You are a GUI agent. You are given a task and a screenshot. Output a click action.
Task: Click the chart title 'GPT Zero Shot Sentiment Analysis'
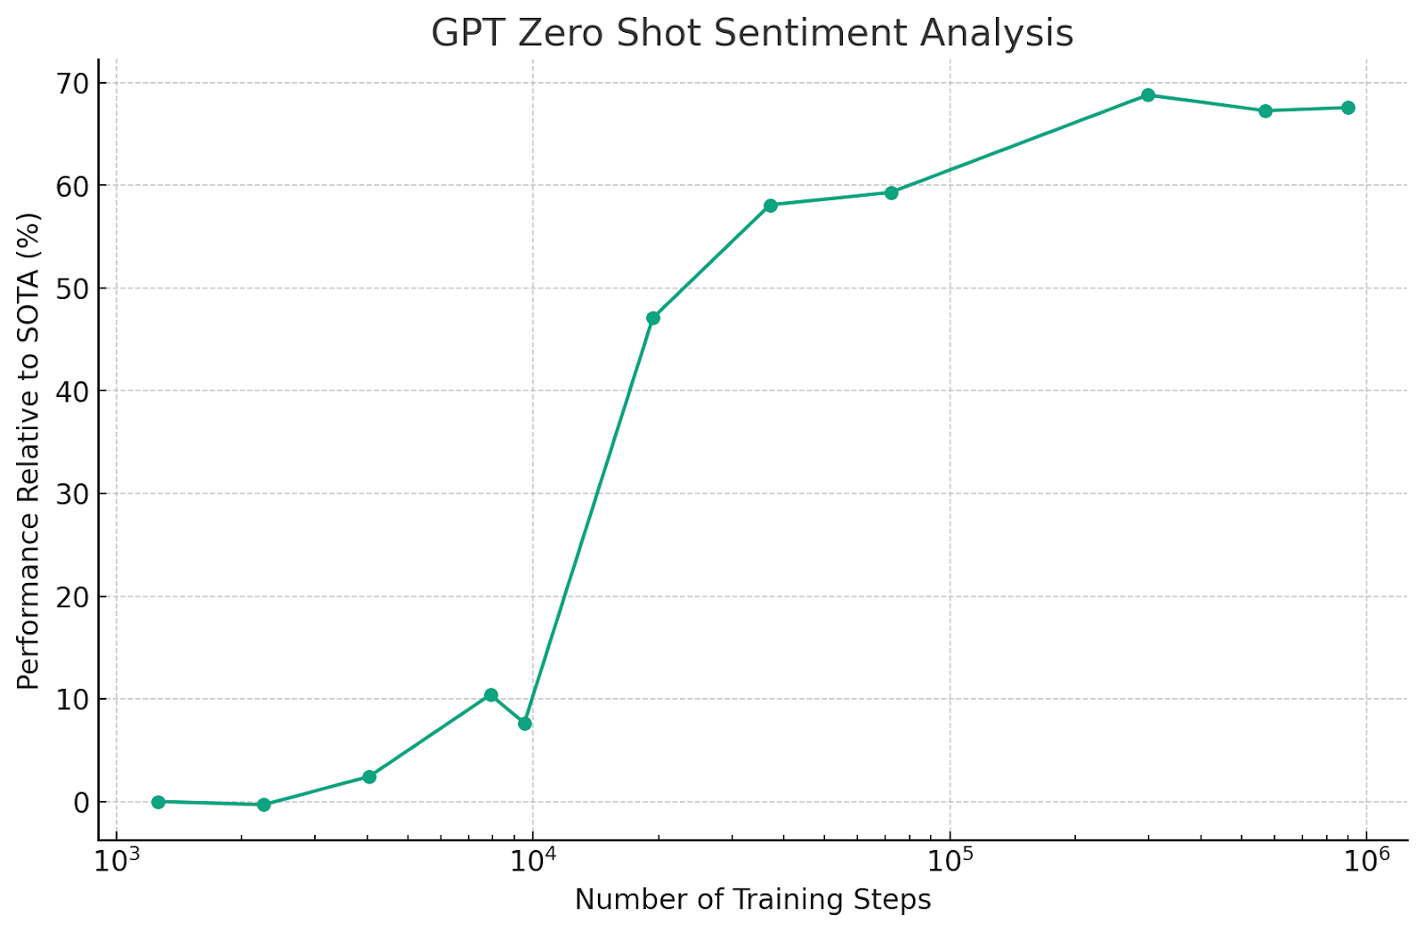point(752,34)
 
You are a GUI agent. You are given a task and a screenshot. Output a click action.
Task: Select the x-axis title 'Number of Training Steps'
point(752,900)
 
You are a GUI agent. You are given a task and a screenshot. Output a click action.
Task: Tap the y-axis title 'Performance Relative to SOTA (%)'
point(28,450)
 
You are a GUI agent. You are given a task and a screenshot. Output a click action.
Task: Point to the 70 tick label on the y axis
point(73,84)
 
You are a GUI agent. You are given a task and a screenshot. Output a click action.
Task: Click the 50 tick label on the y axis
point(73,288)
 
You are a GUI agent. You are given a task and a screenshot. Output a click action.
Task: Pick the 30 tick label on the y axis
point(73,494)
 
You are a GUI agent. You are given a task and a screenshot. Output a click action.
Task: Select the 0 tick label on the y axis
point(82,802)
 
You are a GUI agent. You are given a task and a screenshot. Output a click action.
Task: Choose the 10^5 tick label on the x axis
point(950,861)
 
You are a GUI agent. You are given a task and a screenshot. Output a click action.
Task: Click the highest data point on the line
point(1148,95)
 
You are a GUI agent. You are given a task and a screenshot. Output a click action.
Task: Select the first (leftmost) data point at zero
point(158,802)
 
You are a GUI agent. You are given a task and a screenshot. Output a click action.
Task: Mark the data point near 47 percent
point(653,318)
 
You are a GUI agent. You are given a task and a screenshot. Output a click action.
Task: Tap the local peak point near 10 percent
point(490,695)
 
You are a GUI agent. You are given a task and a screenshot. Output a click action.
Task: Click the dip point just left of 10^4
point(525,724)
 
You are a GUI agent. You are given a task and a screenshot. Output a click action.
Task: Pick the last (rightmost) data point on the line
point(1348,108)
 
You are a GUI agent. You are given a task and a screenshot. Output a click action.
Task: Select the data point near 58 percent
point(771,206)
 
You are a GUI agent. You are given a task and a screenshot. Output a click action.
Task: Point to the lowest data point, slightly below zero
point(263,805)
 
